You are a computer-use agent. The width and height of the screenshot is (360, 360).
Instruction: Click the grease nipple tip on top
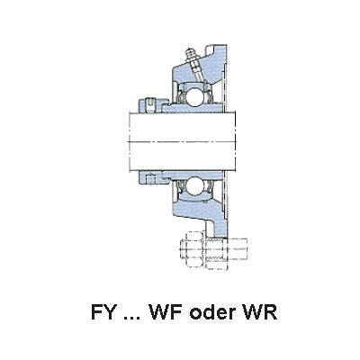click(x=188, y=50)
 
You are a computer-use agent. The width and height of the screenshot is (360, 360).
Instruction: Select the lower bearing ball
click(x=193, y=185)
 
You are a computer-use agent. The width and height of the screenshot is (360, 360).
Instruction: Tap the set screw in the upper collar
click(x=151, y=106)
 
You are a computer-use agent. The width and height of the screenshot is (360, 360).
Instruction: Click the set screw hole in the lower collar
click(x=150, y=179)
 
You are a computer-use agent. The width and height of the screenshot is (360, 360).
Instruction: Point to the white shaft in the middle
click(x=182, y=141)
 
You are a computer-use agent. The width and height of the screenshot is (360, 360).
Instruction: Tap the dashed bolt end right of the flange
click(x=238, y=249)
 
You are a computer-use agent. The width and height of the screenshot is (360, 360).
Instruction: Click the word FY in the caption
click(x=103, y=312)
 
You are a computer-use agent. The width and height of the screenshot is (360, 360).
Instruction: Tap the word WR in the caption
click(x=259, y=312)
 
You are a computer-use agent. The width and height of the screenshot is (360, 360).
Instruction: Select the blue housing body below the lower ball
click(x=198, y=209)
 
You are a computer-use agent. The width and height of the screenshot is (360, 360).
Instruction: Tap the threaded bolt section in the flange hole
click(x=217, y=249)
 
